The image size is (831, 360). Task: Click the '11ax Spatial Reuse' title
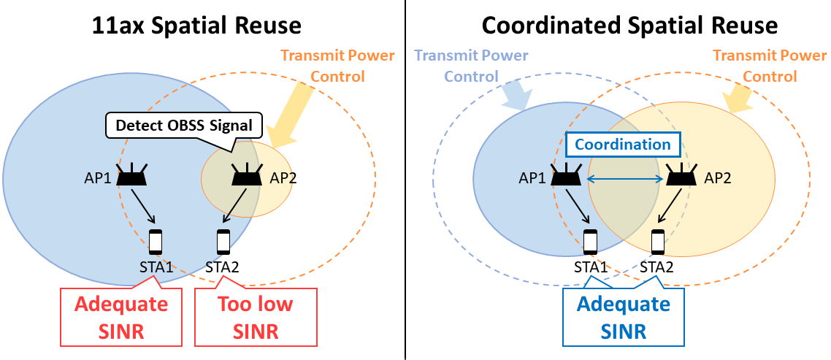coord(196,26)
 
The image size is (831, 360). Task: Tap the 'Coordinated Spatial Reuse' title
coord(629,26)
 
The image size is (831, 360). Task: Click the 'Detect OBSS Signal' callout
coord(183,126)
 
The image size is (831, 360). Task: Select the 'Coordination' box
coord(623,145)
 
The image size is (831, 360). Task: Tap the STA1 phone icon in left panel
coord(156,241)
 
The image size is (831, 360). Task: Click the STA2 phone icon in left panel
coord(223,241)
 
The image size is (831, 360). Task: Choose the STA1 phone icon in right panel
coord(590,242)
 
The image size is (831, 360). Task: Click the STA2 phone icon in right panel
coord(658,242)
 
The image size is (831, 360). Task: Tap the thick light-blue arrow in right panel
coord(517,95)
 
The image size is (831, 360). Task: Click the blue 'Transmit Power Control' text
coord(471,66)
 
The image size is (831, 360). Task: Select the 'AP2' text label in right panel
coord(718,178)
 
